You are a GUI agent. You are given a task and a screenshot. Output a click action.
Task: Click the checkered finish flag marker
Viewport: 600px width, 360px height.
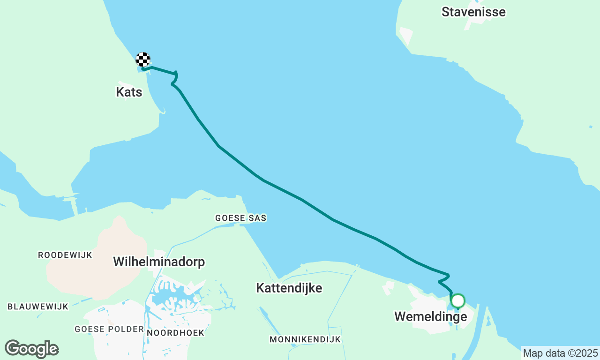click(143, 60)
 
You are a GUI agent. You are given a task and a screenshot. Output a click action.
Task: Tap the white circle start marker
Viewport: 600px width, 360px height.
click(457, 300)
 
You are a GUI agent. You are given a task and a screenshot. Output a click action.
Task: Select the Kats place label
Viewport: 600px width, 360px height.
click(129, 92)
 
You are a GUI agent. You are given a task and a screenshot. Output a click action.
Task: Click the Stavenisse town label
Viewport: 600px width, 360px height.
click(473, 12)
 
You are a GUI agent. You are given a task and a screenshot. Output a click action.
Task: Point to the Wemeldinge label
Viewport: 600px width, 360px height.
click(430, 317)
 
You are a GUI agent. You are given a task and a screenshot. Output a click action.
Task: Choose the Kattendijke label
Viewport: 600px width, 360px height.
click(289, 288)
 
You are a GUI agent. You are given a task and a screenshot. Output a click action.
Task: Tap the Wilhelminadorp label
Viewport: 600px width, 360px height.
click(159, 262)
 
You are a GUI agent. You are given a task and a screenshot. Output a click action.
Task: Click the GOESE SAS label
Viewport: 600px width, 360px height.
click(240, 218)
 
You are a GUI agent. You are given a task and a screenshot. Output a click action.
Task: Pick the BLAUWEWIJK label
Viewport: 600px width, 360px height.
click(38, 307)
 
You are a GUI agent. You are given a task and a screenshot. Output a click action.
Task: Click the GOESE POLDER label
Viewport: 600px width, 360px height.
click(109, 329)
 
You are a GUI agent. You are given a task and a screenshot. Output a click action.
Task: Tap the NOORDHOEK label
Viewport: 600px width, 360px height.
click(175, 333)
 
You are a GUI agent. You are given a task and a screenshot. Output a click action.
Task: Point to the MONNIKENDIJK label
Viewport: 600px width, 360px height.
click(305, 339)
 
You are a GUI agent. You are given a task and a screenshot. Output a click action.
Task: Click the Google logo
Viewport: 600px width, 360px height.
click(31, 349)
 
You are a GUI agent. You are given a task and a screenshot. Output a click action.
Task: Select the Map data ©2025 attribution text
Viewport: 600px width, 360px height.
click(560, 353)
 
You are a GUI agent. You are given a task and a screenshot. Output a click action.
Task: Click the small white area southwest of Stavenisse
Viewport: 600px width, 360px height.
click(406, 36)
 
